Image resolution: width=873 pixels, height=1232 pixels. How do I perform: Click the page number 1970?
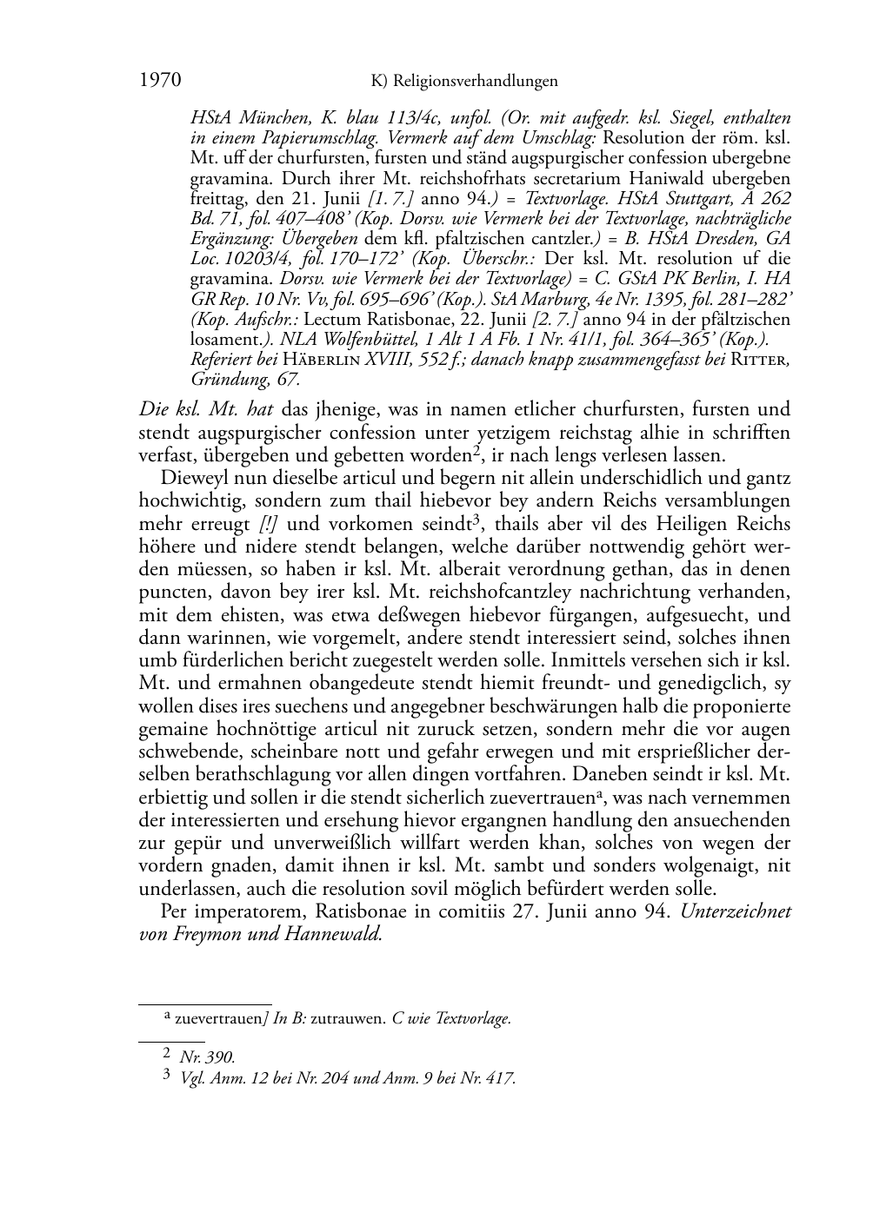[x=160, y=81]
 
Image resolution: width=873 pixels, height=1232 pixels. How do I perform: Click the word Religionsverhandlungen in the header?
[x=476, y=82]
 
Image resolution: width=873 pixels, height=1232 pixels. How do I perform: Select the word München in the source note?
[x=262, y=118]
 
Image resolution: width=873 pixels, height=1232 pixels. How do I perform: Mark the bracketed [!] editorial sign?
[x=270, y=524]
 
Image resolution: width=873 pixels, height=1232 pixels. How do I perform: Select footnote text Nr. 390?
[x=207, y=1057]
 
